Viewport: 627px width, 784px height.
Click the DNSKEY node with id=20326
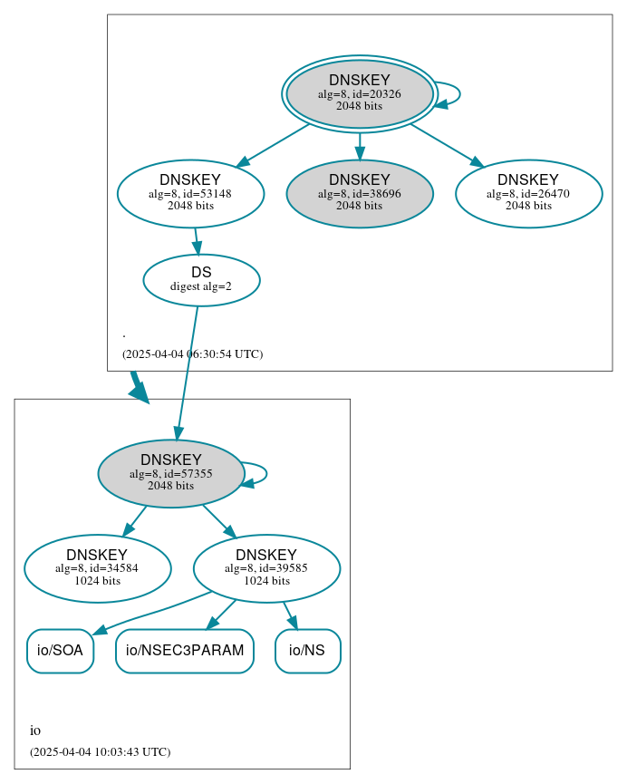coord(360,93)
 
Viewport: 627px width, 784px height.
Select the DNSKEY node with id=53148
coord(190,193)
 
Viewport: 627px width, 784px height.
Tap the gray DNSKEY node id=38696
coord(360,193)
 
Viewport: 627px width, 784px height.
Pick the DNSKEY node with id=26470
coord(528,193)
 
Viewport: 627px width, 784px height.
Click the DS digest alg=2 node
coord(201,280)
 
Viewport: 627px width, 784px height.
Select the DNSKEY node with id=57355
coord(170,473)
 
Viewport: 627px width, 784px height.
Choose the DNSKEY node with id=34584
coord(97,568)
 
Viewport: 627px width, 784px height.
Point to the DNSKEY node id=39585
coord(266,568)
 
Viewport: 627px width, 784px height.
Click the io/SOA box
coord(60,651)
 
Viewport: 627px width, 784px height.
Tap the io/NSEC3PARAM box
coord(185,651)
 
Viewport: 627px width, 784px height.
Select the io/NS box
coord(307,651)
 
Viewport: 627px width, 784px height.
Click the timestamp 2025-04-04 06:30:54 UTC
coord(192,353)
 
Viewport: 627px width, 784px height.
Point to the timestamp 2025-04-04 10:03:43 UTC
coord(100,751)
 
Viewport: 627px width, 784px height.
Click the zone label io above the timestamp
coord(35,731)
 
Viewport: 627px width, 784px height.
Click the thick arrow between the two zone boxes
coord(138,385)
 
